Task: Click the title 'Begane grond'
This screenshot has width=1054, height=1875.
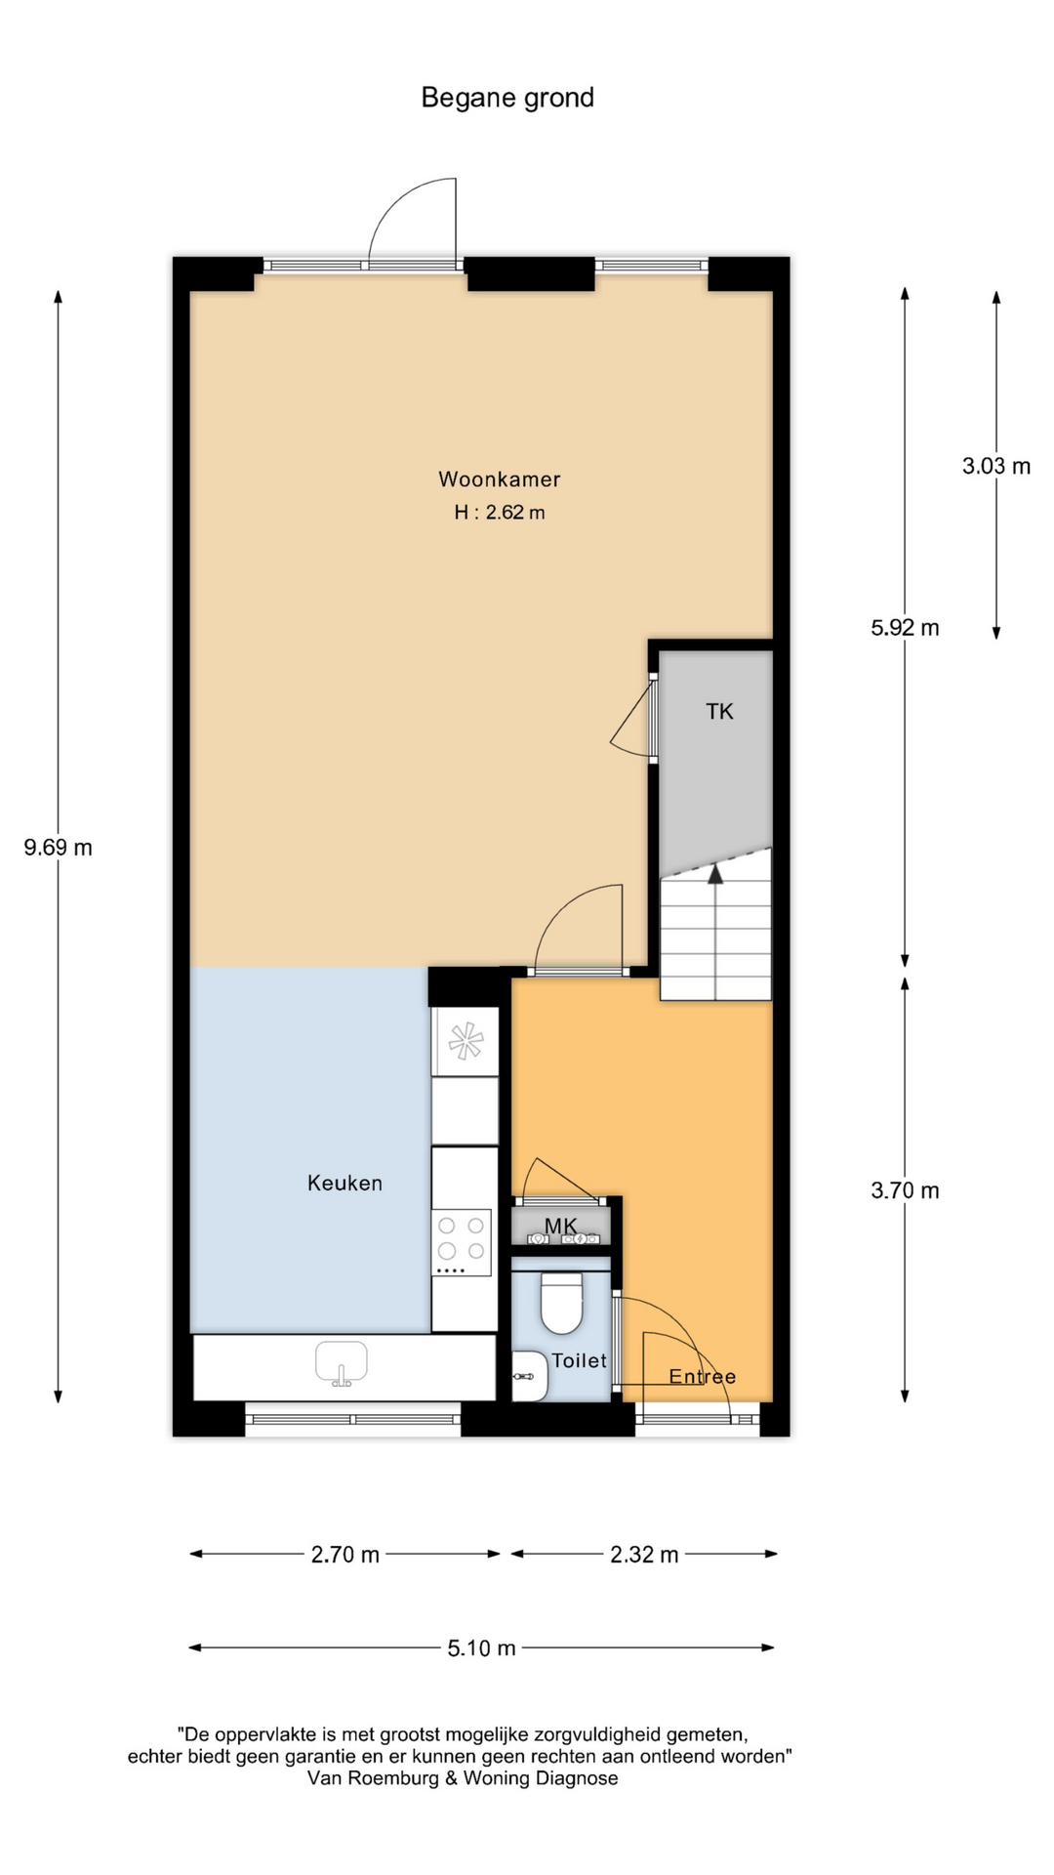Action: click(x=507, y=99)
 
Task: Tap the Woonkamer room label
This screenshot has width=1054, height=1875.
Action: click(x=500, y=479)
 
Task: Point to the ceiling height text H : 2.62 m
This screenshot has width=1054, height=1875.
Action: click(x=500, y=512)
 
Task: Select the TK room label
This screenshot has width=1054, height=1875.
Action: click(x=720, y=712)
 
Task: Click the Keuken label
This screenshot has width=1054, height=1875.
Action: click(x=345, y=1184)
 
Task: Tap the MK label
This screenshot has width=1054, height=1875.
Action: click(x=561, y=1226)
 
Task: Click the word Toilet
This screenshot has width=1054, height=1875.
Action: click(x=580, y=1360)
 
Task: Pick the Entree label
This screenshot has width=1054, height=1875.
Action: click(x=703, y=1377)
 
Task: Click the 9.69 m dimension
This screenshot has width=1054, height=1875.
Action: click(x=59, y=848)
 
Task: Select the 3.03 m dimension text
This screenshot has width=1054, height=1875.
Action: click(x=996, y=467)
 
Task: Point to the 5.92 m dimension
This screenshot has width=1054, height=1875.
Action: click(x=906, y=628)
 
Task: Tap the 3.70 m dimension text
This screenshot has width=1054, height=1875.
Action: click(x=906, y=1190)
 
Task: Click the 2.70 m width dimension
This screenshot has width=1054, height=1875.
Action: click(x=345, y=1555)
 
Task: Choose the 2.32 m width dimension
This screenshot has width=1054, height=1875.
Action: click(x=644, y=1555)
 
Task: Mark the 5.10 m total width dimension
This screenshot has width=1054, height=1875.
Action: click(x=482, y=1648)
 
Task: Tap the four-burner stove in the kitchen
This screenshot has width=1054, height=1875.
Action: click(x=462, y=1243)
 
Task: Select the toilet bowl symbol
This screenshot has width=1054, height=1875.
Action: click(x=561, y=1303)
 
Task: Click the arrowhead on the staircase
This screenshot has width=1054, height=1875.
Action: click(x=715, y=873)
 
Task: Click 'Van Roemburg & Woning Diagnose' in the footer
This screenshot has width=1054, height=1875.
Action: click(x=463, y=1778)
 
